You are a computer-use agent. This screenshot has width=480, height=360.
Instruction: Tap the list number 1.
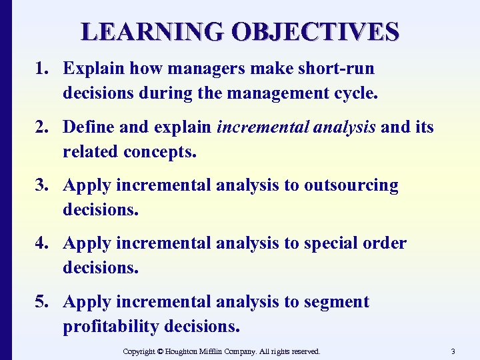[x=42, y=69]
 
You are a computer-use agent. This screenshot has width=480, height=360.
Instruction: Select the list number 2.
[x=42, y=127]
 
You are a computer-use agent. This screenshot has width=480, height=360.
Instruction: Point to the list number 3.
[x=42, y=185]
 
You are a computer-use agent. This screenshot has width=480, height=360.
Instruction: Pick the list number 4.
[x=42, y=243]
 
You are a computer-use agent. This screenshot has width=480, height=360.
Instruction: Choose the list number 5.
[x=42, y=302]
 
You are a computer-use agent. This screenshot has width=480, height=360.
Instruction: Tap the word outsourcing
[x=351, y=185]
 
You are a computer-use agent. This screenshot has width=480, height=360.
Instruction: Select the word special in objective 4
[x=329, y=243]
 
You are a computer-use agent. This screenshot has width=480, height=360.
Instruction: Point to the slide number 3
[x=453, y=351]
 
